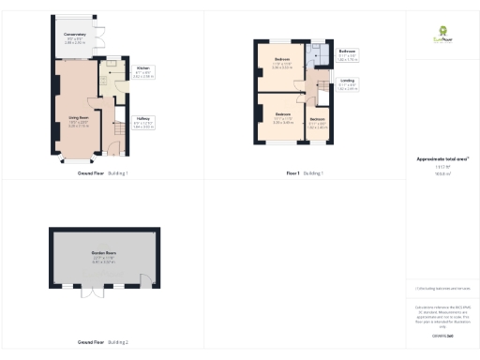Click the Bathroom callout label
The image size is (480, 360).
click(347, 52)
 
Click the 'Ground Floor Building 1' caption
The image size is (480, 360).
click(102, 172)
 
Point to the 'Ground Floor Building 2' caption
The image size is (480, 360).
click(102, 342)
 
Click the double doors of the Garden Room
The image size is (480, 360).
click(93, 292)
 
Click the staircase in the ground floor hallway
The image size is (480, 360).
click(118, 136)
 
